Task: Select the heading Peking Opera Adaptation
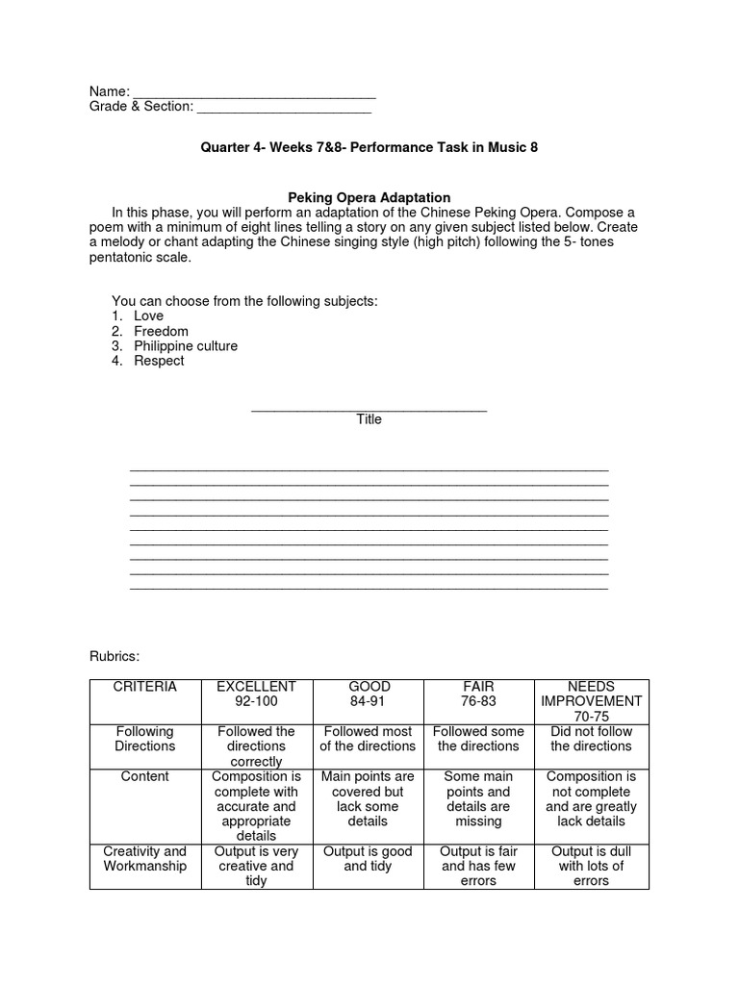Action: pos(369,197)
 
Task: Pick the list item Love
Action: pos(148,316)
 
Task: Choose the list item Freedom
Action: pos(161,331)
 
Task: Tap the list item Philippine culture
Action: pos(185,346)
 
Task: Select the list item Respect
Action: pos(159,361)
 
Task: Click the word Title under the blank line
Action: pos(369,419)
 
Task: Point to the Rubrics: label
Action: pos(115,656)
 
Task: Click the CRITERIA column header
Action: pos(144,687)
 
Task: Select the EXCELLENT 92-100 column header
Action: pos(256,695)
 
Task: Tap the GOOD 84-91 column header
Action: pos(369,695)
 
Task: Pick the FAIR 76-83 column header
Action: pos(478,695)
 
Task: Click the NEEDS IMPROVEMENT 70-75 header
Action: pos(591,701)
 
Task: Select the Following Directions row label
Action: pos(144,739)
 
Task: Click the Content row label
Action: pos(144,776)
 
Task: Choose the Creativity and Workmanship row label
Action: pos(144,859)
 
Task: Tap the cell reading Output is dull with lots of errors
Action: pos(591,866)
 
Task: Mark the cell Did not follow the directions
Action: pos(591,739)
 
